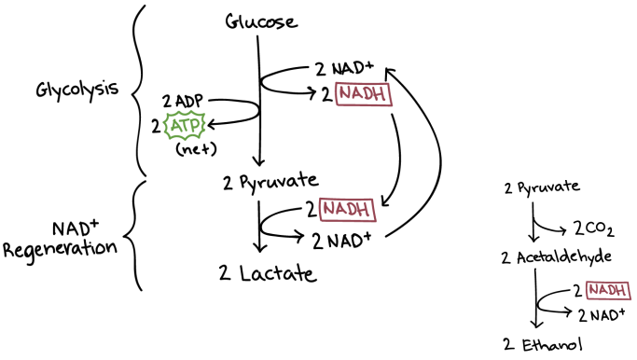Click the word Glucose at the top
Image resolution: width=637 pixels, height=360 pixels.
pos(261,21)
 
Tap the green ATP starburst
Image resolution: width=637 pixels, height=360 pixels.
pos(185,126)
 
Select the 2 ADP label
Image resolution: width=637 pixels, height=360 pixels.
pos(183,101)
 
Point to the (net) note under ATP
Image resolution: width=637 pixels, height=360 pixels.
pos(196,149)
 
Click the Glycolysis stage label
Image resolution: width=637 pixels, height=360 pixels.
pos(77,90)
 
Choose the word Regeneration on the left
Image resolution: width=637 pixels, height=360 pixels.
pos(60,249)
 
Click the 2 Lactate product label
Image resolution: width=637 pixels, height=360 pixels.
pos(268,272)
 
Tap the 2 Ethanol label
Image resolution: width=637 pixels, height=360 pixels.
pos(543,345)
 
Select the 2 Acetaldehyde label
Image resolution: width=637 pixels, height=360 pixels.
pos(556,257)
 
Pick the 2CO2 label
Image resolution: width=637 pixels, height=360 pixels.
pos(594,228)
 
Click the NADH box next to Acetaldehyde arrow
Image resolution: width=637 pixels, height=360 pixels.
pos(608,291)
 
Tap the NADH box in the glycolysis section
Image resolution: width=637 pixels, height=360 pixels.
pos(364,94)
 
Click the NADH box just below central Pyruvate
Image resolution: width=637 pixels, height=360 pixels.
pos(347,210)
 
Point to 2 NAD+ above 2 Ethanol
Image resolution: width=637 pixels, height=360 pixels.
pos(602,315)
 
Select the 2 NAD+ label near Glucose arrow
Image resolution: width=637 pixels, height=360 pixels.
pos(344,69)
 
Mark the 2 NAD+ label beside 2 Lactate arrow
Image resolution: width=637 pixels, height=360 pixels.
pos(341,241)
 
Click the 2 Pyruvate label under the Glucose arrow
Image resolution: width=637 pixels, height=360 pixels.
pos(270,182)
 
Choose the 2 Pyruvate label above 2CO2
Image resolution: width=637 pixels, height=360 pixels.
pos(542,187)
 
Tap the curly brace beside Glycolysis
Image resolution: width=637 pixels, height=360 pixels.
pos(139,90)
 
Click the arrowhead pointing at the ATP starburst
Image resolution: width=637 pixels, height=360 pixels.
pos(212,124)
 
